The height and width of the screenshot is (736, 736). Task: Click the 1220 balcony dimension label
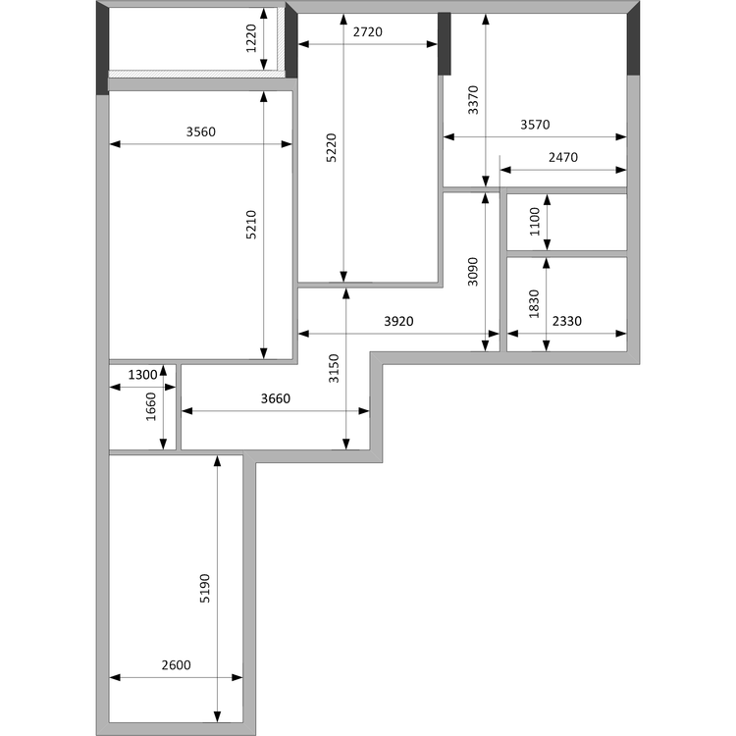pyautogui.click(x=251, y=38)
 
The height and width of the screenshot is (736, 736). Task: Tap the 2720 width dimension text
pyautogui.click(x=368, y=32)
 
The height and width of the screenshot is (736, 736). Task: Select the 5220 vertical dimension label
pyautogui.click(x=332, y=148)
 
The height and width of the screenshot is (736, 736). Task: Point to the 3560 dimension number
pyautogui.click(x=201, y=131)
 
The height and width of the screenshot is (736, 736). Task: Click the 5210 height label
pyautogui.click(x=251, y=225)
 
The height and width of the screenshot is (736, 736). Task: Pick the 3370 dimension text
pyautogui.click(x=473, y=100)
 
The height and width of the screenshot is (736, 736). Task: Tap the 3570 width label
pyautogui.click(x=535, y=125)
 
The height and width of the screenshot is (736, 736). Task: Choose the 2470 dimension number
pyautogui.click(x=563, y=157)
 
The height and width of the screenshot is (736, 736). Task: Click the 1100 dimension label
pyautogui.click(x=535, y=222)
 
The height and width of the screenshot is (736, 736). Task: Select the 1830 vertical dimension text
pyautogui.click(x=534, y=304)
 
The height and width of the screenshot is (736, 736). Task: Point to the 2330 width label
pyautogui.click(x=567, y=321)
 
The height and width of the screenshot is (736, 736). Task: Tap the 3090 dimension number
pyautogui.click(x=473, y=272)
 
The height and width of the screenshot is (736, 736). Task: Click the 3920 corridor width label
pyautogui.click(x=399, y=321)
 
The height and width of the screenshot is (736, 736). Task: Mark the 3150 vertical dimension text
pyautogui.click(x=334, y=368)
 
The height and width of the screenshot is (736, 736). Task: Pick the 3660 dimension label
pyautogui.click(x=276, y=398)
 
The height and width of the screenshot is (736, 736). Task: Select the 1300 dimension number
pyautogui.click(x=142, y=375)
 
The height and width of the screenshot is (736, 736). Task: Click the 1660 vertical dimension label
pyautogui.click(x=151, y=406)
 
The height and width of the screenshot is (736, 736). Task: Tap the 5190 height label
pyautogui.click(x=205, y=588)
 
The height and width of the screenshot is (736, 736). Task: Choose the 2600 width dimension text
pyautogui.click(x=177, y=665)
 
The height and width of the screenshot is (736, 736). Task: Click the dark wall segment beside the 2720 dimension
pyautogui.click(x=445, y=43)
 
